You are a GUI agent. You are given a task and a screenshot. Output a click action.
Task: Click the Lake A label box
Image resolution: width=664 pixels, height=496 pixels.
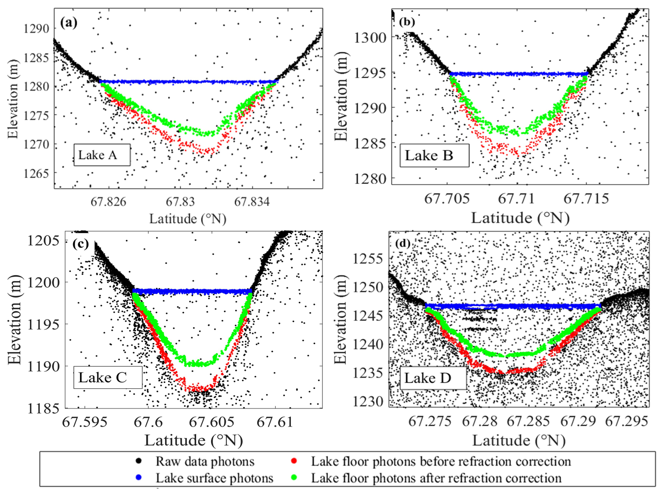pos(102,155)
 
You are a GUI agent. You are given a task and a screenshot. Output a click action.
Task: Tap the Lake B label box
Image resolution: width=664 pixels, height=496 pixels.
pos(434,156)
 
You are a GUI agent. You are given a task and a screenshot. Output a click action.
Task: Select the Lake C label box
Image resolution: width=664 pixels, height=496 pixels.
pos(107,378)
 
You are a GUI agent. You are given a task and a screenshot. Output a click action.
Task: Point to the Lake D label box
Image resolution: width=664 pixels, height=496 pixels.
pos(433,378)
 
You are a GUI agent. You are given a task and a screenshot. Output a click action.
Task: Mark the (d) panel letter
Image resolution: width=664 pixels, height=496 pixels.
pos(402,243)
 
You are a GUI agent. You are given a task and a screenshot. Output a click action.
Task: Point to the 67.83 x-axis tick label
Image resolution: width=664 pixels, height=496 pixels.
pos(180,202)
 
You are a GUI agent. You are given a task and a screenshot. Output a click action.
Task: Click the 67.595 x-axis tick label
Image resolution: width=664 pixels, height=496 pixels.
pos(85,422)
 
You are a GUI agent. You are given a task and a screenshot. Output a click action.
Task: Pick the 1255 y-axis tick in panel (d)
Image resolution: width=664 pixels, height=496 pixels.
pos(368,259)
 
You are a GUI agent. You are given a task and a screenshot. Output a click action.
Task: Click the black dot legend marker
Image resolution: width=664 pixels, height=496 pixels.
pos(139,461)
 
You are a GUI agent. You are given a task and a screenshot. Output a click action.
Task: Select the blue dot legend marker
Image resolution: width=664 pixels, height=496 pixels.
pos(139,477)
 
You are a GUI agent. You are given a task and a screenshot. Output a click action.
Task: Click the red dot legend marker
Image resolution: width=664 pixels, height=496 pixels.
pos(294,461)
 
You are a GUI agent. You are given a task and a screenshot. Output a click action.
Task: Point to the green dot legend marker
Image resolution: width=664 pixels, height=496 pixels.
pos(294,477)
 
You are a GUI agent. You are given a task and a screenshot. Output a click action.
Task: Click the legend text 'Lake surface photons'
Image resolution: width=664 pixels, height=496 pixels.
pos(214,478)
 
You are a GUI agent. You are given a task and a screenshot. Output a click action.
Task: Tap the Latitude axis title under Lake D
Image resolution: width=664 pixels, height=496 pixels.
pos(519,440)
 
